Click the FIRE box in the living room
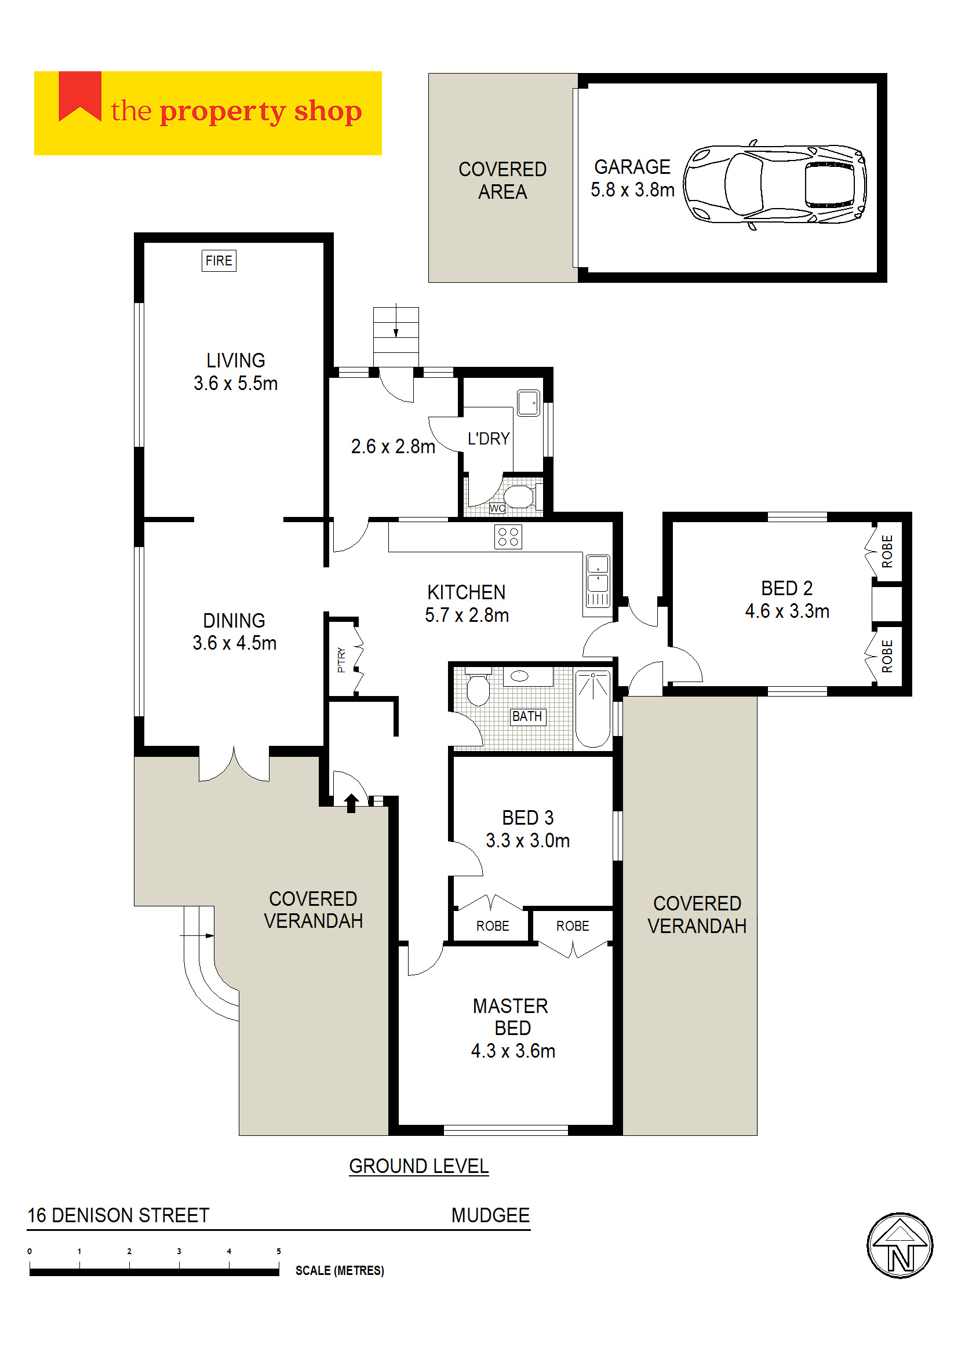(x=218, y=261)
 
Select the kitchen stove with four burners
(x=508, y=537)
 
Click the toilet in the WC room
(x=519, y=497)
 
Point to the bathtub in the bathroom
(x=592, y=709)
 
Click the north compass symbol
(x=899, y=1245)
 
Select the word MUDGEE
(x=490, y=1216)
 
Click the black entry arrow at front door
(x=351, y=803)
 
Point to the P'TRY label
(x=341, y=660)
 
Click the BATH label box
(x=527, y=716)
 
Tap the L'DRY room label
(x=489, y=439)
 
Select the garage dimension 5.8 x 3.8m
(x=632, y=190)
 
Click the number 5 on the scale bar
(x=279, y=1252)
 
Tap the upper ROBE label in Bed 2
(x=887, y=551)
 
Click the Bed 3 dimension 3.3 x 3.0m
(x=527, y=840)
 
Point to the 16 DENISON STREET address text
(x=118, y=1216)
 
